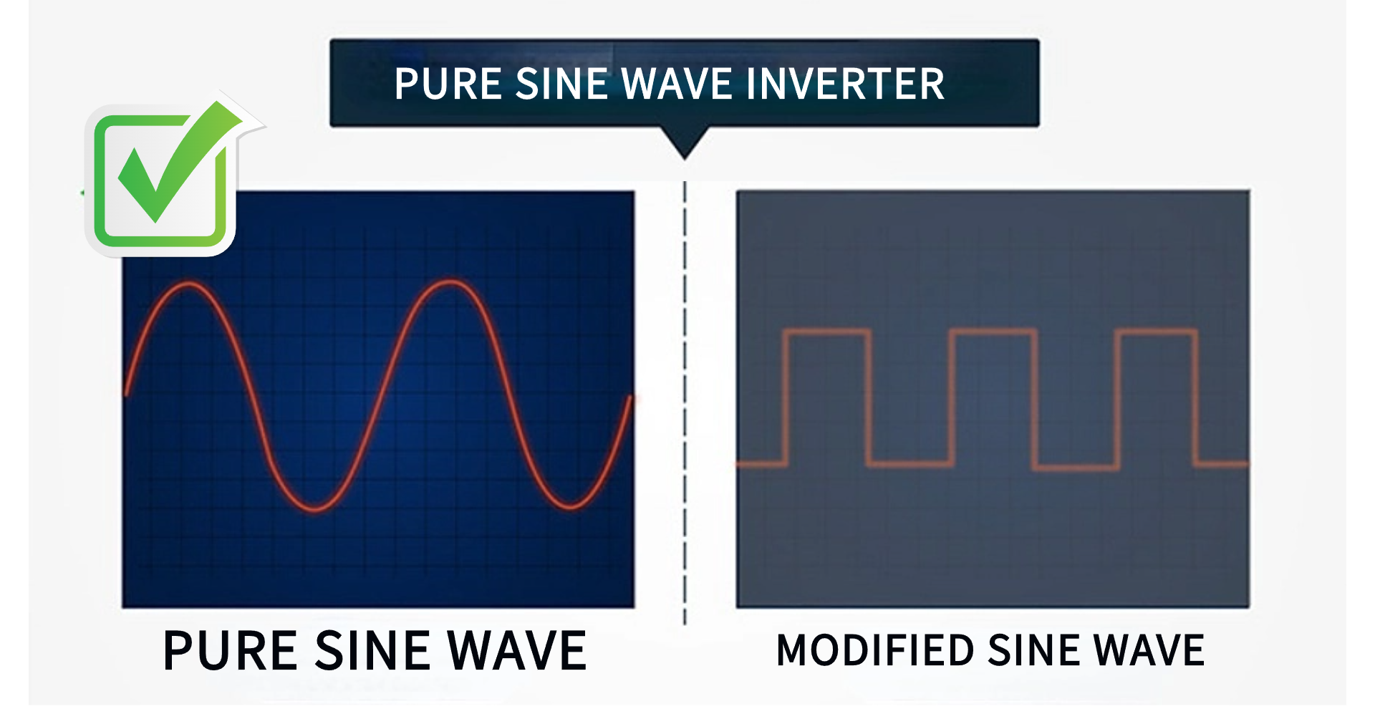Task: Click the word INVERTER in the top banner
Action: click(845, 84)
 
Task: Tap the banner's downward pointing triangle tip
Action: click(685, 158)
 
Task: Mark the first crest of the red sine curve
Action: click(189, 285)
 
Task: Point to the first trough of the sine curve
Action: click(315, 508)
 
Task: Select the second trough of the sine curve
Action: click(571, 506)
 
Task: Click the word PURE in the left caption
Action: click(230, 651)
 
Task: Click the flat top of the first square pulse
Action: click(827, 332)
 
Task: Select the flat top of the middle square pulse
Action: click(993, 332)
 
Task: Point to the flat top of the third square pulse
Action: click(1156, 332)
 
